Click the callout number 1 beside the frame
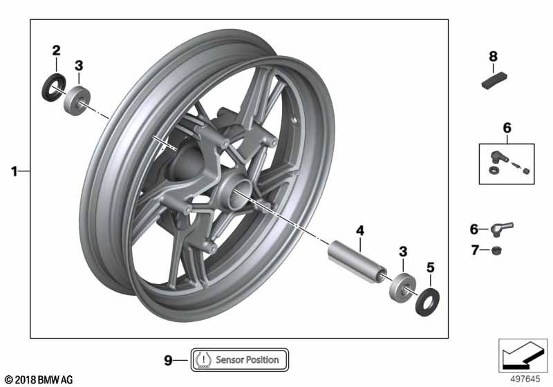[14, 171]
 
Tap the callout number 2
[56, 50]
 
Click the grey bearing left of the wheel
[77, 100]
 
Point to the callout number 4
[359, 231]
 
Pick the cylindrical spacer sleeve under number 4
[357, 261]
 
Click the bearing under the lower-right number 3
[402, 287]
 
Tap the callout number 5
[430, 267]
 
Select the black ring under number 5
[427, 302]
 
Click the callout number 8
[493, 57]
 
